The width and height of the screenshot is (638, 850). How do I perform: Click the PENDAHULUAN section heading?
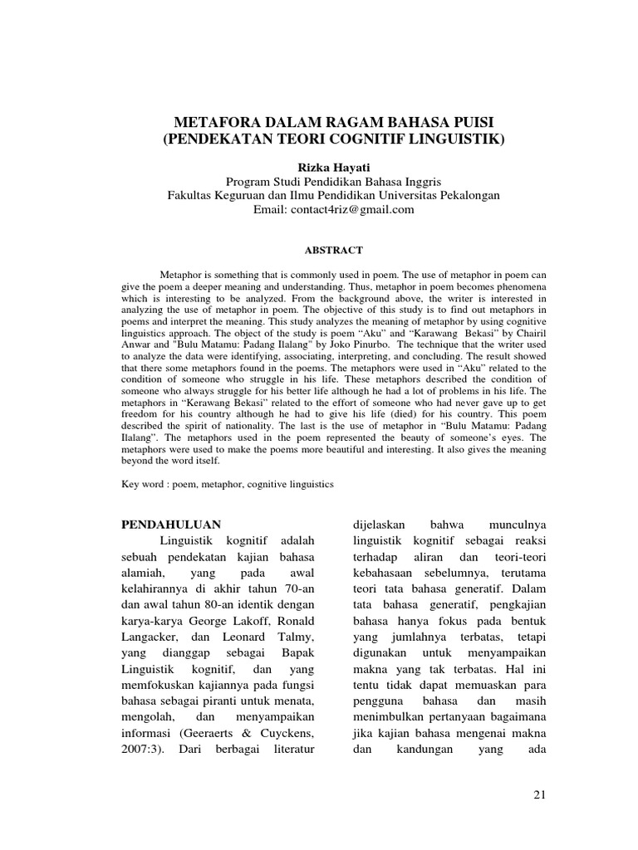pos(171,525)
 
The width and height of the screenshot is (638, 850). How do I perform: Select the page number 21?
pos(539,796)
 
